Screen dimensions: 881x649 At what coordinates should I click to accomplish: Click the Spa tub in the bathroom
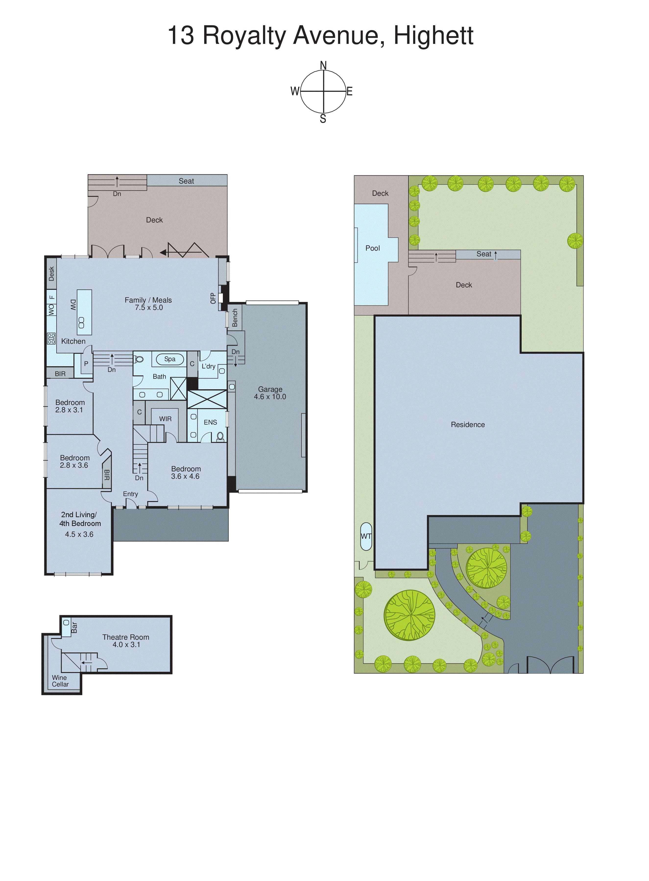click(170, 359)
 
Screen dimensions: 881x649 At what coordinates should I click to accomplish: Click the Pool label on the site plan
click(373, 248)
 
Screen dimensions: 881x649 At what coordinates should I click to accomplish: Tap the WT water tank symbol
click(366, 536)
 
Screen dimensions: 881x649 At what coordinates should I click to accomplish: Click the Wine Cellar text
click(60, 681)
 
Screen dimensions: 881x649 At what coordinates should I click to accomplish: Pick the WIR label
click(165, 419)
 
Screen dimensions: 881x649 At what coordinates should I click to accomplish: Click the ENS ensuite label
click(210, 422)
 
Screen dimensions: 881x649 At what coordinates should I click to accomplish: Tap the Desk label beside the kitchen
click(51, 273)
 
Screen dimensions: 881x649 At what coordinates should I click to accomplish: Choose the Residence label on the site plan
click(468, 424)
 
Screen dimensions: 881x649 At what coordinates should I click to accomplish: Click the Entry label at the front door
click(131, 494)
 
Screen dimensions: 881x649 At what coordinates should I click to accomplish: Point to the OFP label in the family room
click(213, 298)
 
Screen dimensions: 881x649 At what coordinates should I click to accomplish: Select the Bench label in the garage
click(235, 318)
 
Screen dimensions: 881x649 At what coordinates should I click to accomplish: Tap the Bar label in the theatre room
click(74, 627)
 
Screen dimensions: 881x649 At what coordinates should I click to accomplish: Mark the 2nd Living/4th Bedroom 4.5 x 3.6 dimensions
click(79, 534)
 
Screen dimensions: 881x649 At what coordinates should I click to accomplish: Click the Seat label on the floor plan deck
click(186, 181)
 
